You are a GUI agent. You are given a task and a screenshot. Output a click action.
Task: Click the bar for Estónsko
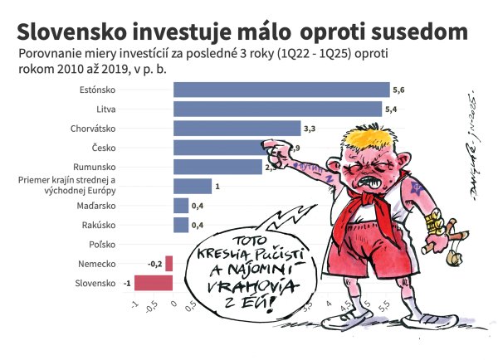point(281,90)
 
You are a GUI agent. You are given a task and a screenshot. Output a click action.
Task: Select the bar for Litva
point(277,109)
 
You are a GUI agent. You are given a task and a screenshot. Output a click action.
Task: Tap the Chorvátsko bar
point(237,128)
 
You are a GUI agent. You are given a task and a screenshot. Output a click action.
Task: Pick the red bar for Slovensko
point(154,283)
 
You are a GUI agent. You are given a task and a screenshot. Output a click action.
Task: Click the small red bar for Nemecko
point(169,264)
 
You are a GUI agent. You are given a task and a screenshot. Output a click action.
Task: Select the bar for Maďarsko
point(181,206)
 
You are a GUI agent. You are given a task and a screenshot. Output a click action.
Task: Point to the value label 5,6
point(397,90)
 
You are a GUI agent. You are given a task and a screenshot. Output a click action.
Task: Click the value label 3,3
point(310,129)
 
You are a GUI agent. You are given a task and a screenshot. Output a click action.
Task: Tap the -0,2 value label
point(154,264)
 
